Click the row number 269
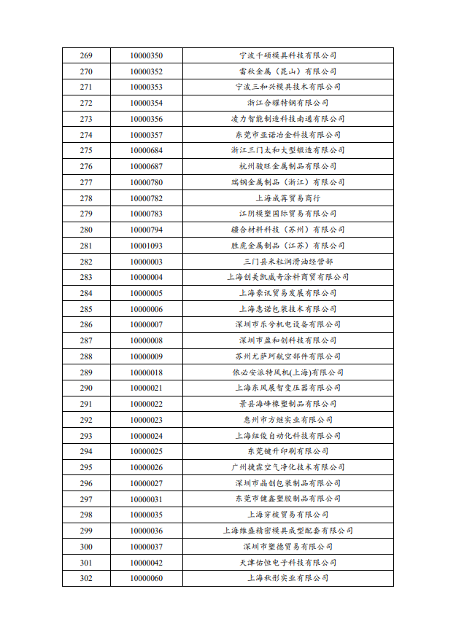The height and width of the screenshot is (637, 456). click(x=86, y=55)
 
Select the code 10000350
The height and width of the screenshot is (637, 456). click(x=146, y=55)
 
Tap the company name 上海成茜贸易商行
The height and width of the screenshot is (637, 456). click(x=287, y=198)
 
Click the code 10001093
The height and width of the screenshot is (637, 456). click(x=146, y=246)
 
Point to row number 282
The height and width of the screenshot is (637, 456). click(x=86, y=262)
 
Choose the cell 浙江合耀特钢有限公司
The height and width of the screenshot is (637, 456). click(x=287, y=103)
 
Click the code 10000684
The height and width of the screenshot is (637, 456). click(x=146, y=150)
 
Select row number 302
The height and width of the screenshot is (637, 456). click(x=86, y=578)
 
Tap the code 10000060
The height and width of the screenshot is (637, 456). click(x=146, y=578)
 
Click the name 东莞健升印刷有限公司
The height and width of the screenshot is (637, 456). click(x=287, y=451)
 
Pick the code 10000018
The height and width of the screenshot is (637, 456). click(x=146, y=372)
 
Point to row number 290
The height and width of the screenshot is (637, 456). click(x=86, y=388)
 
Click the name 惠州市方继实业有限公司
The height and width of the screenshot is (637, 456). click(x=287, y=420)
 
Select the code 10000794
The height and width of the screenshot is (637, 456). click(x=146, y=230)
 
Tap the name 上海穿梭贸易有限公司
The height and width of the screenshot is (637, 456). click(x=287, y=515)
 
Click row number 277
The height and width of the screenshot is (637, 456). click(x=86, y=182)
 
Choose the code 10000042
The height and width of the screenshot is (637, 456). click(x=146, y=563)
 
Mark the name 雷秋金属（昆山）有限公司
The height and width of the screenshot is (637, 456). click(x=287, y=71)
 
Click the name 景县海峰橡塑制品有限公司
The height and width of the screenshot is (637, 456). click(x=287, y=404)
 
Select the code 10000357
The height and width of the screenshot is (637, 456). click(x=146, y=135)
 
